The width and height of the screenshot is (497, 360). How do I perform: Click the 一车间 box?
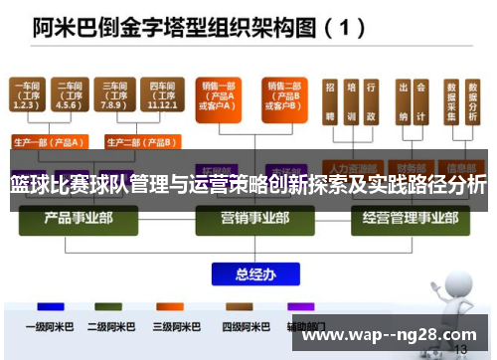pos(28,96)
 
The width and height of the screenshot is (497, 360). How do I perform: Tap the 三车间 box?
pos(112,96)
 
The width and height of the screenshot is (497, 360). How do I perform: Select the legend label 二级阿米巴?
pos(110,325)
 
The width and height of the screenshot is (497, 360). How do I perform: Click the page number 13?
pos(460,350)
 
